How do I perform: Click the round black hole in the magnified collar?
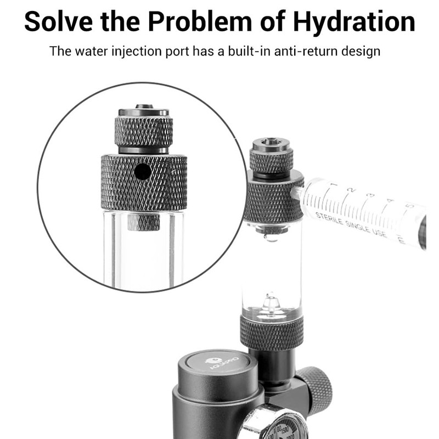(143, 172)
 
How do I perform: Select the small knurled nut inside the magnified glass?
(144, 222)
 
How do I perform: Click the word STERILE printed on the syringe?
(332, 219)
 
